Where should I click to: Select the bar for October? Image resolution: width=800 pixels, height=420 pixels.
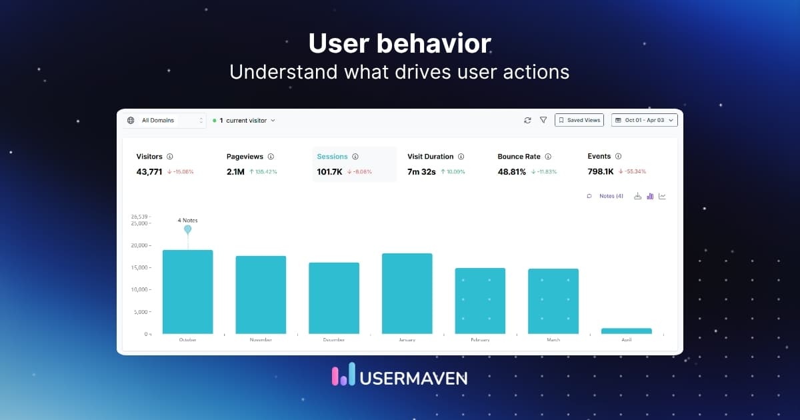coord(187,292)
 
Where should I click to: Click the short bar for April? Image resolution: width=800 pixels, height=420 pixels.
coord(626,331)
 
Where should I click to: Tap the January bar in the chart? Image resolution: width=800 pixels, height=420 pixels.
coord(407,293)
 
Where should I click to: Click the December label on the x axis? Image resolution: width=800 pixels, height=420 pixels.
coord(333,340)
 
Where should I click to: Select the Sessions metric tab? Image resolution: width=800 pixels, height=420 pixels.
coord(333,157)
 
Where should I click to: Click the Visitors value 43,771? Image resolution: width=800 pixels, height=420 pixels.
coord(149,171)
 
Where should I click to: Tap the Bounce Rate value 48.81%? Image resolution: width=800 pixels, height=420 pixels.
coord(512,171)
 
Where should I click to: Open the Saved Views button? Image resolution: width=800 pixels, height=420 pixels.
coord(579,120)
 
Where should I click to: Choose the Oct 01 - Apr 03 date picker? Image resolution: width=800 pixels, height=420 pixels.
coord(644,120)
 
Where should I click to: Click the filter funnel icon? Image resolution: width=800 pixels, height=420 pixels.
coord(543,120)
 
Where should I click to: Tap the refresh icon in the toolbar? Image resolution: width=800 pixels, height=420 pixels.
coord(527,120)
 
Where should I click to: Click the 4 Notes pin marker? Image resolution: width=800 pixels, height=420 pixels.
coord(187,229)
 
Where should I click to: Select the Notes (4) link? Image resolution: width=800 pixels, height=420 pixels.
coord(611,196)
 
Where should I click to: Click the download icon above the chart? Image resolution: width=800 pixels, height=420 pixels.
coord(637,196)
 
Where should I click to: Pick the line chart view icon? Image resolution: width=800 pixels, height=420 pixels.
coord(662,196)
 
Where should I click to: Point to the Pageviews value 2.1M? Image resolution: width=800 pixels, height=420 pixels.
coord(235,171)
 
